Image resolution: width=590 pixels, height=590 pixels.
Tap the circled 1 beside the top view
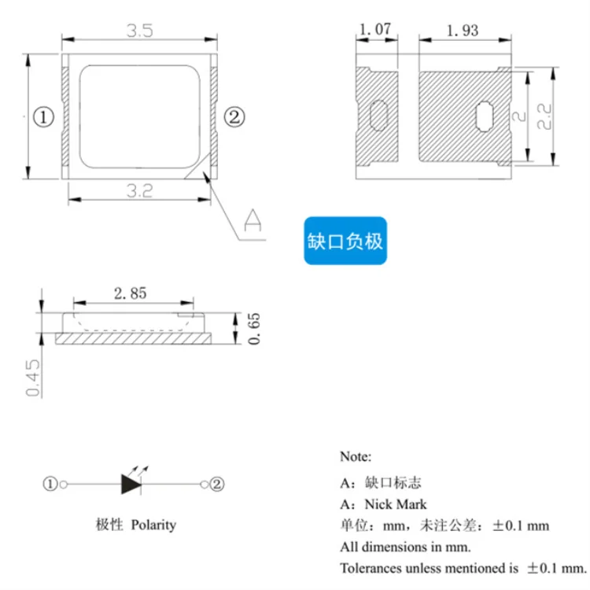click(43, 118)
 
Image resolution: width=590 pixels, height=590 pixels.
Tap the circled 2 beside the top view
click(234, 118)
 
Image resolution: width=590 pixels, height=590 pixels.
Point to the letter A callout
click(253, 219)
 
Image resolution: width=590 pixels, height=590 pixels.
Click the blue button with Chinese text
click(346, 242)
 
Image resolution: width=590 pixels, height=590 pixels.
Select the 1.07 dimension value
click(374, 31)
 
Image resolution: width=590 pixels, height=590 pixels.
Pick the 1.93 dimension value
click(462, 31)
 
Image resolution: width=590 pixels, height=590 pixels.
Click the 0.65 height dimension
click(253, 328)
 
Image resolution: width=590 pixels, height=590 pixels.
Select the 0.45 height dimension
click(32, 378)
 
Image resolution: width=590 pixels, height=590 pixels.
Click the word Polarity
click(153, 525)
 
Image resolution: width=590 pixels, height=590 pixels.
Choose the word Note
click(356, 456)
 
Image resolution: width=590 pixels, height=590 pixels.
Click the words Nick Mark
click(396, 503)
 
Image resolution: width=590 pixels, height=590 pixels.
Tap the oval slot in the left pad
click(378, 116)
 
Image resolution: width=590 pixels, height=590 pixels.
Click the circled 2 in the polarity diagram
click(218, 484)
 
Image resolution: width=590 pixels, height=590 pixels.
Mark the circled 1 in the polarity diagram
click(51, 484)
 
